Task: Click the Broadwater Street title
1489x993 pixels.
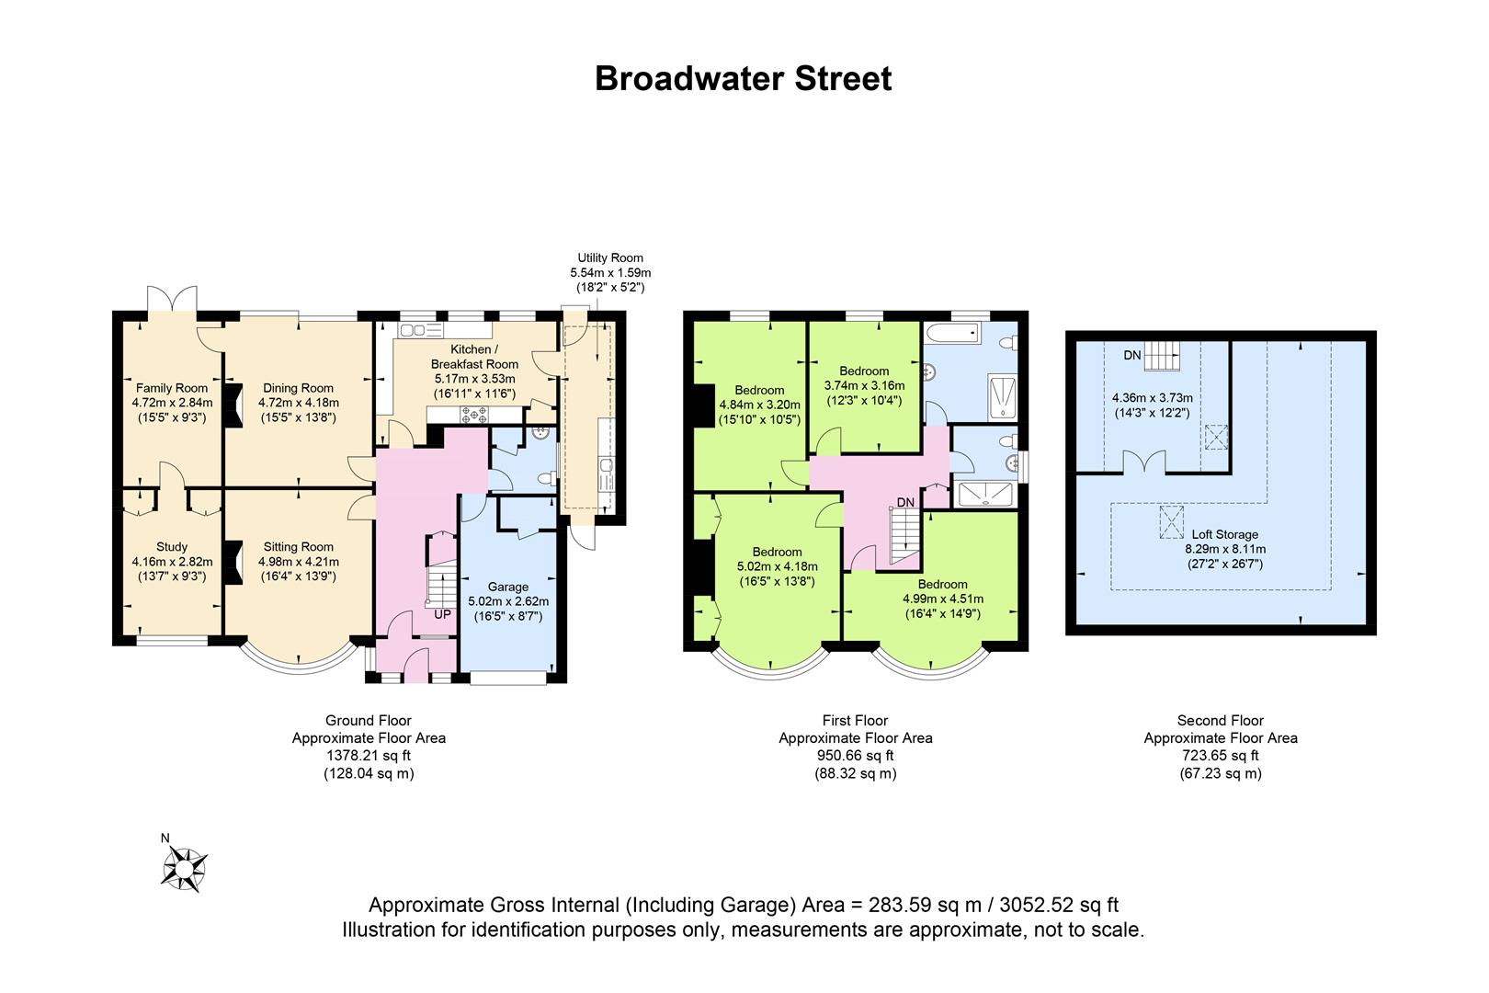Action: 743,78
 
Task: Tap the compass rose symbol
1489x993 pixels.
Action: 185,868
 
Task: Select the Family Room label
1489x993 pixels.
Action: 172,388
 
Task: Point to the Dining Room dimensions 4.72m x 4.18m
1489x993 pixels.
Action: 299,403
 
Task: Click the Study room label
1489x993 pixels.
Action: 172,547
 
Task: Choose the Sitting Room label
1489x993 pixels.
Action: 299,547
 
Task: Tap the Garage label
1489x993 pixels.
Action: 508,587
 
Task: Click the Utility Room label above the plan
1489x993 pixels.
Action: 610,257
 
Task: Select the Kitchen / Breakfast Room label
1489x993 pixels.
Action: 474,357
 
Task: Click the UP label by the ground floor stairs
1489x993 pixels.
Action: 442,614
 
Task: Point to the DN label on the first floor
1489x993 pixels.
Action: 905,502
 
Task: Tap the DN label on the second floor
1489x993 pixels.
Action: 1132,355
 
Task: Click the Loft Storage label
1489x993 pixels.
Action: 1225,534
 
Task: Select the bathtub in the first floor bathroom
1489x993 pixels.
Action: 953,332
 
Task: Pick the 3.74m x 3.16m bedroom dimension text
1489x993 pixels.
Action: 864,386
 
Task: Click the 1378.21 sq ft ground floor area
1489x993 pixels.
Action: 369,756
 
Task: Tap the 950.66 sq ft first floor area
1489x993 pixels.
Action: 855,756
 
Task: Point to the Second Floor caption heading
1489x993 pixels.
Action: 1221,720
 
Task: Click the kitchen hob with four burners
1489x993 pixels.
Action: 474,415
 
